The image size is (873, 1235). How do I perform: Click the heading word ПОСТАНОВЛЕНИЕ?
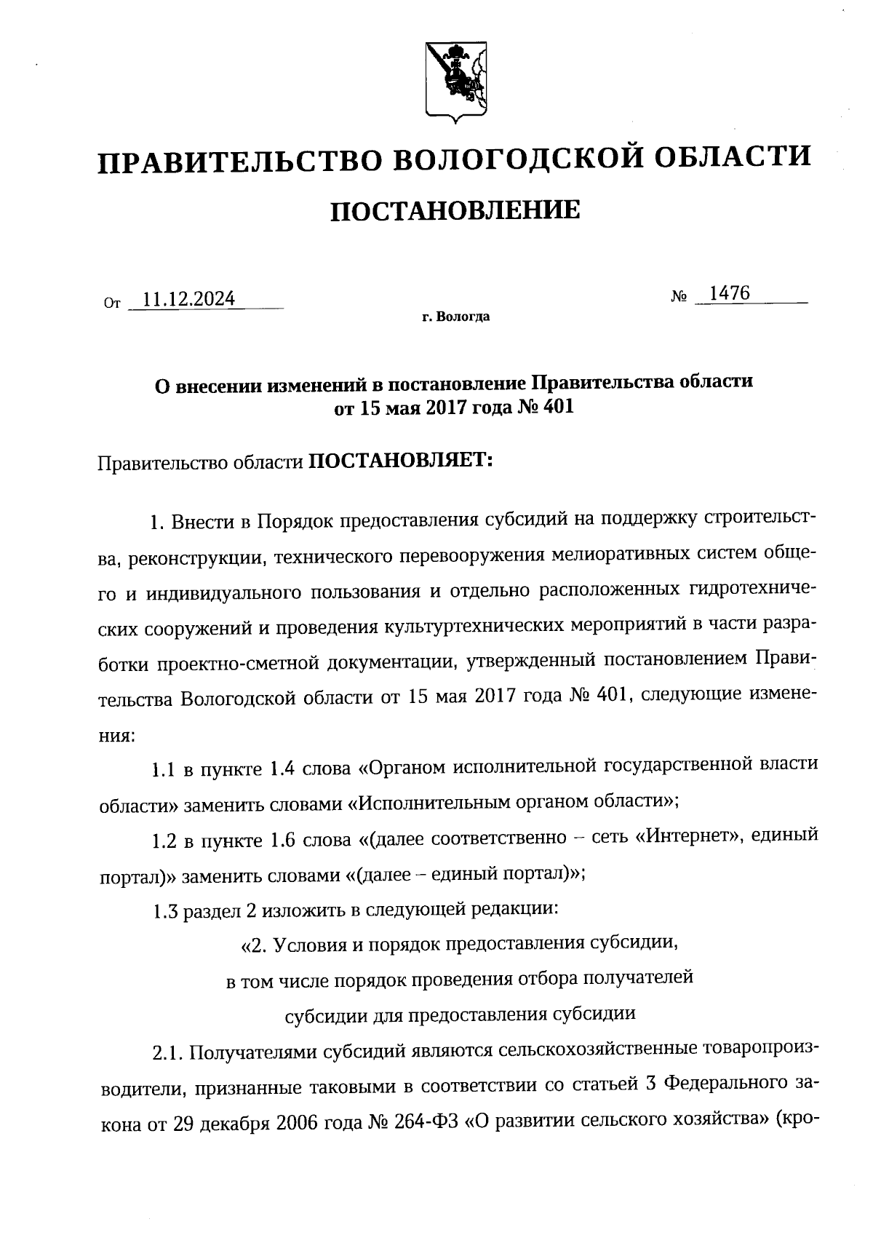click(455, 211)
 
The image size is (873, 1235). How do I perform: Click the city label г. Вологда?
click(455, 317)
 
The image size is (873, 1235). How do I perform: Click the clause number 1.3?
click(165, 910)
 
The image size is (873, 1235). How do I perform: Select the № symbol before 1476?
click(679, 297)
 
